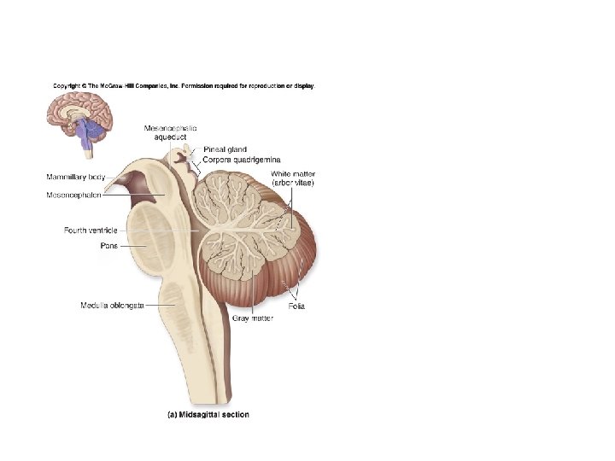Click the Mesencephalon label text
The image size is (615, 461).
click(x=74, y=195)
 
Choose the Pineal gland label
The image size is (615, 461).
click(x=225, y=150)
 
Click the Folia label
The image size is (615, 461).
click(x=296, y=306)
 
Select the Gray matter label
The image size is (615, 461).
click(x=252, y=318)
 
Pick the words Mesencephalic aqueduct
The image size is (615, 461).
click(x=170, y=132)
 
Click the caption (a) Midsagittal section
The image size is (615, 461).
click(x=208, y=415)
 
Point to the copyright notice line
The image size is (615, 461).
click(x=184, y=86)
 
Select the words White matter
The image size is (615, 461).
click(x=291, y=173)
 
